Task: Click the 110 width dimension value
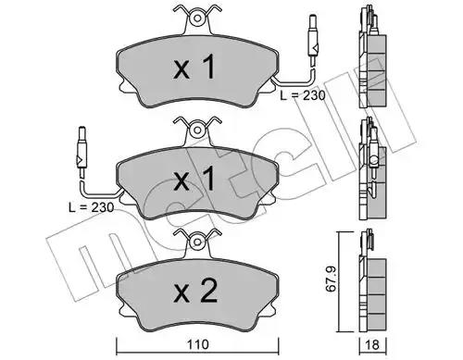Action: click(197, 344)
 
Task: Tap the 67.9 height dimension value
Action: click(332, 279)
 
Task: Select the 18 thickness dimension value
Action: click(373, 344)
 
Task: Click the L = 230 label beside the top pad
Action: click(303, 95)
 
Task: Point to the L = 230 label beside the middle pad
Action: click(91, 207)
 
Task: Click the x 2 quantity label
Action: click(195, 291)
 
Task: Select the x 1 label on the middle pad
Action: click(194, 179)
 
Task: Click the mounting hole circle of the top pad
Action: click(196, 19)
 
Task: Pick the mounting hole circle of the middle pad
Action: click(196, 130)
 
